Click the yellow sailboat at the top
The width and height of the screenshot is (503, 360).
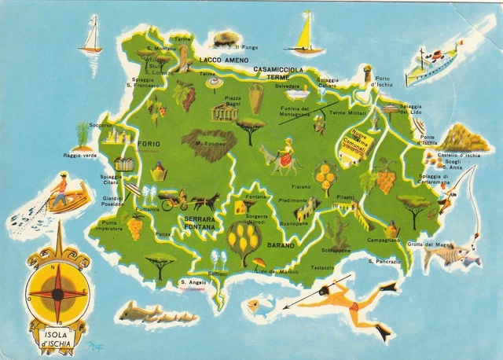click(x=303, y=35)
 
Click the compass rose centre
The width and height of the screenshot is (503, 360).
click(x=57, y=293)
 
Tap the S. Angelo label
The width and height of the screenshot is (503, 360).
click(x=193, y=282)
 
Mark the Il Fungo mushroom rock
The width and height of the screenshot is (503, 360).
click(x=226, y=38)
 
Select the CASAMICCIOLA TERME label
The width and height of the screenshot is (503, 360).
click(x=278, y=73)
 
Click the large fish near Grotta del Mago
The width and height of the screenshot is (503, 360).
click(x=446, y=255)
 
